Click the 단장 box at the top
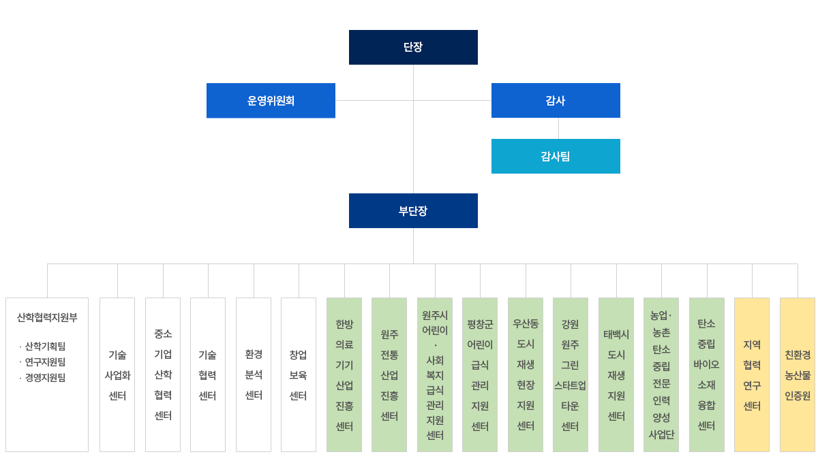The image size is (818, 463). coord(413,47)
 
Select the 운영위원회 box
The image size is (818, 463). coord(271,101)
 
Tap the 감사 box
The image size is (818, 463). coord(556,101)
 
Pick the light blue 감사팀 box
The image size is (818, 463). coord(556,156)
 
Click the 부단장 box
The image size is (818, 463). coord(413,210)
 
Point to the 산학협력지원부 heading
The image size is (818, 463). coord(47,317)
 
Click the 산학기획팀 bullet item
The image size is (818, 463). coord(45,347)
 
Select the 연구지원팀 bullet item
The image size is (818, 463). coord(45,362)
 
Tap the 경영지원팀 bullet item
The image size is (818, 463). coord(45,378)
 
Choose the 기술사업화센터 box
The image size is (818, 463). coord(117,374)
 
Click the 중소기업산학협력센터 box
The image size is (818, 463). coord(163,374)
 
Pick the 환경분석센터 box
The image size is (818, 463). coord(254,374)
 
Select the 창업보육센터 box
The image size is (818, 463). coord(299,374)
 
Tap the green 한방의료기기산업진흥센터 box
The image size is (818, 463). coord(344,374)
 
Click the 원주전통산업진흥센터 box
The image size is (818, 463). coord(389,374)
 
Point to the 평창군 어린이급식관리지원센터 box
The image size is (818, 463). coord(480,374)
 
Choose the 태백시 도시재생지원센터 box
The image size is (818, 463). coord(616,374)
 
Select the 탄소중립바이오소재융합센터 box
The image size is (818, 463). coord(707,374)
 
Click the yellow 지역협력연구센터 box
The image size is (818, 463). coord(752,374)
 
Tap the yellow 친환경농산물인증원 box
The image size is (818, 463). coord(798,374)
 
